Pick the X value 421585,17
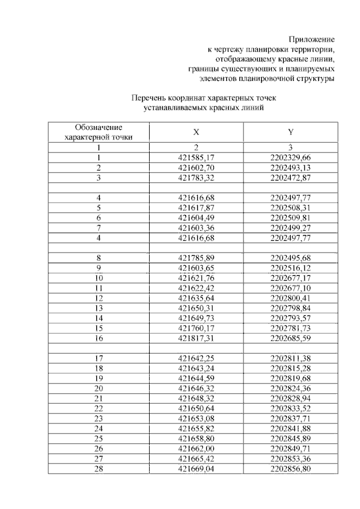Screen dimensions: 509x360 point(196,158)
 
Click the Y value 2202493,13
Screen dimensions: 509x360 point(290,168)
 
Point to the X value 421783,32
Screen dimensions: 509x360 point(196,177)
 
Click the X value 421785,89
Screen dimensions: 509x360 point(196,258)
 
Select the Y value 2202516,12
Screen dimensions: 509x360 point(290,268)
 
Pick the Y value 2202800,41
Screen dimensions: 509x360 point(290,298)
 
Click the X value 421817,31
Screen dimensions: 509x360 point(196,337)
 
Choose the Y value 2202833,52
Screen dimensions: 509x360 point(290,408)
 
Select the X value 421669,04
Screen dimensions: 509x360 point(196,468)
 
